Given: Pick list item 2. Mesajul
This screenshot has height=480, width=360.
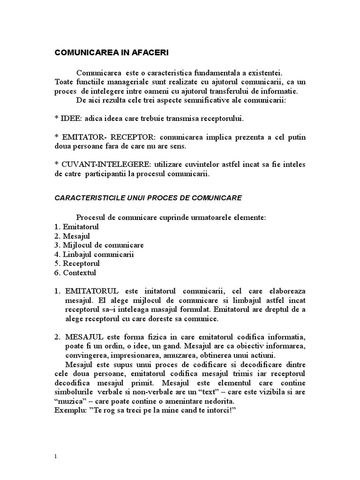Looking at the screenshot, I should (72, 236).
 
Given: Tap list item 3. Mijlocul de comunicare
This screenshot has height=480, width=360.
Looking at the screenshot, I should (99, 245).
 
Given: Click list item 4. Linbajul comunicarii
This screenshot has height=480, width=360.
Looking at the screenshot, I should (94, 254).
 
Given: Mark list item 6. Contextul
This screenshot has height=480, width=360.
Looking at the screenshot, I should (75, 272).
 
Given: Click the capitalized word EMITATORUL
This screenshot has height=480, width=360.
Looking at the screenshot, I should (91, 291).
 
